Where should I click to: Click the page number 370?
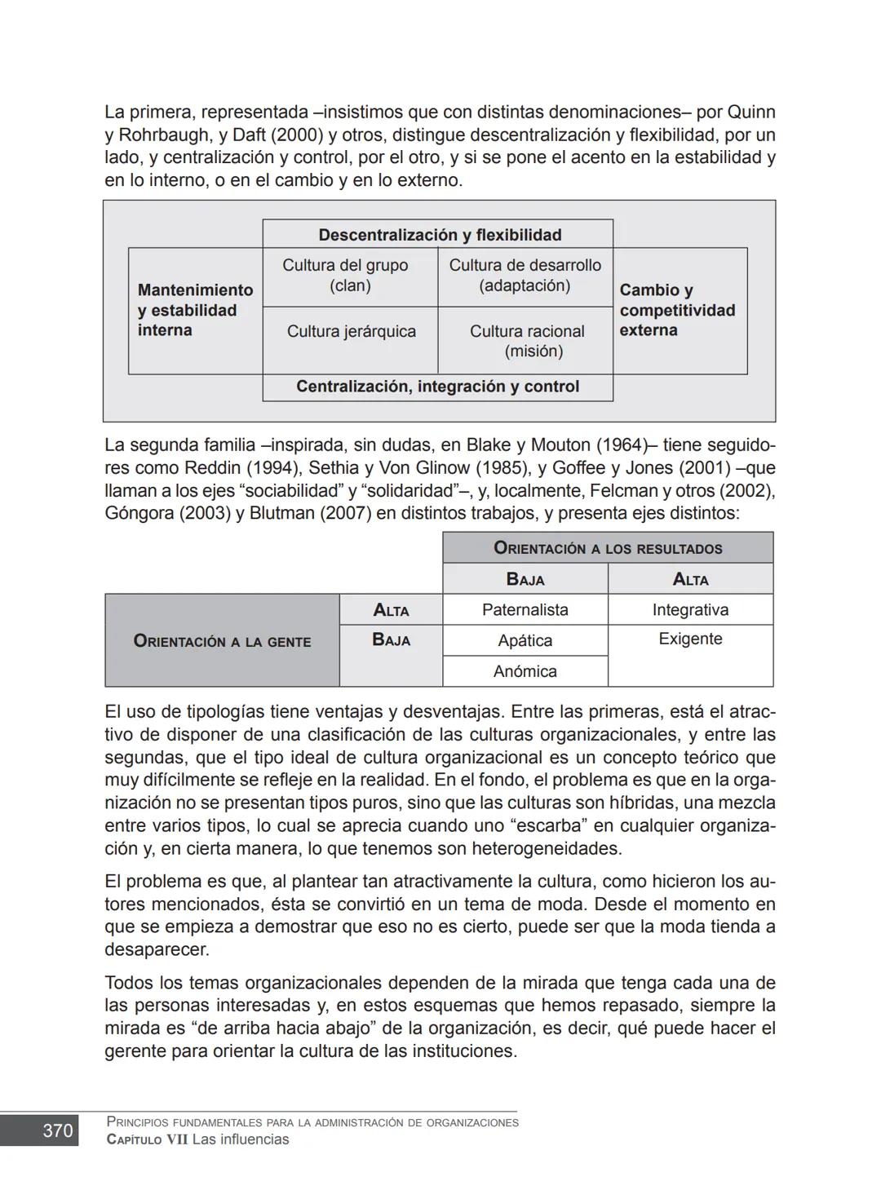coord(57,1130)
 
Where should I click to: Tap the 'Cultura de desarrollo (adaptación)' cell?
coord(525,276)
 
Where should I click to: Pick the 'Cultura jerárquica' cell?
coord(351,331)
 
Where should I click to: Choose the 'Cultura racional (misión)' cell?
coord(527,341)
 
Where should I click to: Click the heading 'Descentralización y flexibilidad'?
coord(439,235)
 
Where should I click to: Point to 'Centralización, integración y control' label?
coord(437,387)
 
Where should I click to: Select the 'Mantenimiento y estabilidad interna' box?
coord(195,310)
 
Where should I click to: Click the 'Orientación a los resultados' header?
coord(608,548)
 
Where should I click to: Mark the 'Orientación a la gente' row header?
coord(222,641)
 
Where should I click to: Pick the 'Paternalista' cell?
coord(525,610)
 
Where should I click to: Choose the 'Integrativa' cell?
coord(690,610)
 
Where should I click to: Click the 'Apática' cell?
coord(525,640)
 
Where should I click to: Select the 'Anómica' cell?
coord(525,671)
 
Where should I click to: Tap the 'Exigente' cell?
coord(690,639)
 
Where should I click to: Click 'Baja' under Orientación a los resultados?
coord(525,579)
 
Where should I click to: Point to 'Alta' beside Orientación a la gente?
coord(391,610)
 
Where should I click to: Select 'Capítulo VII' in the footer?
coord(147,1139)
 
